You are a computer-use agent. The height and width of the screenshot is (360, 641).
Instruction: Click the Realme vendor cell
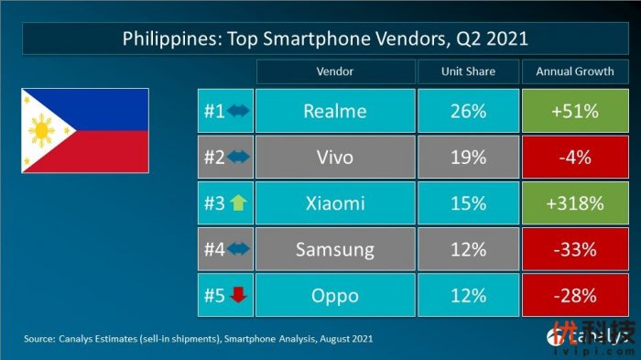(334, 111)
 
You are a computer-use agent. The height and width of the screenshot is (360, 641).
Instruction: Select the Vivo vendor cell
(334, 157)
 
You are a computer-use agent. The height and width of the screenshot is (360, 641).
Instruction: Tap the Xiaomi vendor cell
(334, 202)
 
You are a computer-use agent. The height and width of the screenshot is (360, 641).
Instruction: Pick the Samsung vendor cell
(334, 248)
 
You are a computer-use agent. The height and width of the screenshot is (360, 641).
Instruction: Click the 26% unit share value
(467, 111)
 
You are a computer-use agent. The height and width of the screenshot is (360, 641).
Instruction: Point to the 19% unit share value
(467, 157)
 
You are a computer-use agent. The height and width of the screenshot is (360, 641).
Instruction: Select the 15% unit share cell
(467, 202)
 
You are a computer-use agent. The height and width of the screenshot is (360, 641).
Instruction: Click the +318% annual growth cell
(574, 202)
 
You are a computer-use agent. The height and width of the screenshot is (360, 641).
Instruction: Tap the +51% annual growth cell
(574, 111)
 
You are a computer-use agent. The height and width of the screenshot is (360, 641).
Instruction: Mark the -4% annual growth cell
(574, 157)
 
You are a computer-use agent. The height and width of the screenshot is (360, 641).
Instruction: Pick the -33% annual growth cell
(574, 248)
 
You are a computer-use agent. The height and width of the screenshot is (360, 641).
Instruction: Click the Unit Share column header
(467, 71)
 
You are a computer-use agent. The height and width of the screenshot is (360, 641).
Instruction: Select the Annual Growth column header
(574, 71)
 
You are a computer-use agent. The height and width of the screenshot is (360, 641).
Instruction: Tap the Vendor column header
(334, 71)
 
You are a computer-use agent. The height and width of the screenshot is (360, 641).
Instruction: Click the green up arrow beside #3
(238, 202)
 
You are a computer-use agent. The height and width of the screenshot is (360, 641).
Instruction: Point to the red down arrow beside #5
(238, 294)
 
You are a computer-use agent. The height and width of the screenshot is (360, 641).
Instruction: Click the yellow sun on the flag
(41, 130)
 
